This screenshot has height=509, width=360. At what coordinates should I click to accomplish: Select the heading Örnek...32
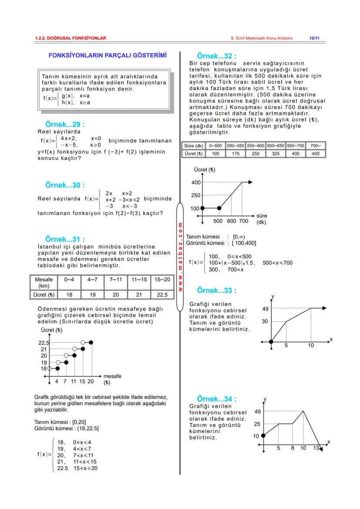point(217,56)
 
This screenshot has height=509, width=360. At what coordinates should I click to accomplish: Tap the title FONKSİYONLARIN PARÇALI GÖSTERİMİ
point(107,56)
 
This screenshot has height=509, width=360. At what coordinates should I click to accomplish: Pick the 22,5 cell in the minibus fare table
point(162,295)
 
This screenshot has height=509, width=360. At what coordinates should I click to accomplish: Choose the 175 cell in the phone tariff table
point(235,153)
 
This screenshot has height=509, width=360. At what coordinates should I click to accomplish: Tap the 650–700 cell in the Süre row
point(295,146)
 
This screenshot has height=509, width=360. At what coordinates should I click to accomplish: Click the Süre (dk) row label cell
point(194,146)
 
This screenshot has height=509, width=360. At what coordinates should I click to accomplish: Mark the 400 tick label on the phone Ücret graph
point(196,183)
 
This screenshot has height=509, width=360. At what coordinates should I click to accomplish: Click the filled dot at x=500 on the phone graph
point(219,208)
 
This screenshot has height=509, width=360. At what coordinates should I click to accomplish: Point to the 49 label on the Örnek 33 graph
point(265,309)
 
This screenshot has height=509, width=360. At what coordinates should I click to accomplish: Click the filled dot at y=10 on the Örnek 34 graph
point(263,435)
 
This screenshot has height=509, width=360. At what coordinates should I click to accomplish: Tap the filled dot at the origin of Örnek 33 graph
point(271,342)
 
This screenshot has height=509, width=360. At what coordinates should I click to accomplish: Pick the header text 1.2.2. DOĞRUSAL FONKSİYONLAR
point(70,38)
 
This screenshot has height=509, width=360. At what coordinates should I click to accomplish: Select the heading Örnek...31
point(65,239)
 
